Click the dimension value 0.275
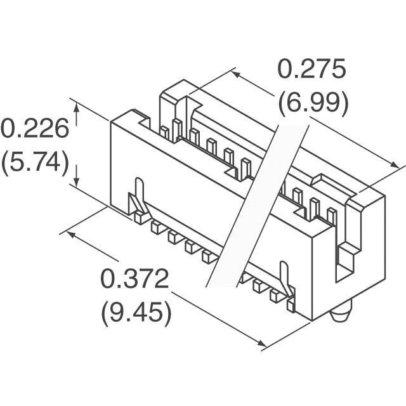point(311,69)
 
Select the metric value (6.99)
point(313,103)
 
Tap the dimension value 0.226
point(36,128)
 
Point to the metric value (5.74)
point(36,162)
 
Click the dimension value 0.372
point(134,278)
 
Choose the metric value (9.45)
point(136,313)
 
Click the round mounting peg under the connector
point(339,313)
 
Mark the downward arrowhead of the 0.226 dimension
point(76,181)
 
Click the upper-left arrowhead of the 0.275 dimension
point(236,74)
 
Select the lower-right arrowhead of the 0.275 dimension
point(393,165)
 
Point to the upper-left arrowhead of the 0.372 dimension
point(72,235)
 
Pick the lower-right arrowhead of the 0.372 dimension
point(261,343)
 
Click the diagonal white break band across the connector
point(258,206)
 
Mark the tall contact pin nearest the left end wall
point(176,131)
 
